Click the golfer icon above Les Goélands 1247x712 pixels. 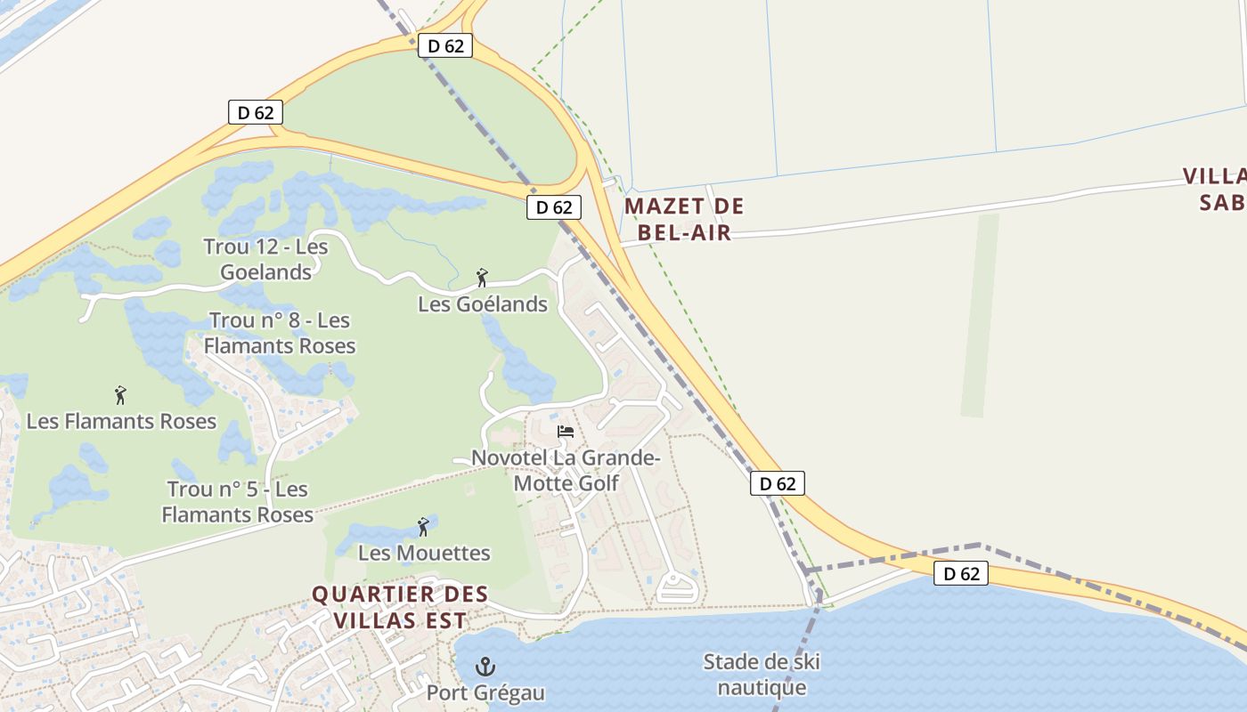pyautogui.click(x=482, y=278)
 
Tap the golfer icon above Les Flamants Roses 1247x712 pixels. pyautogui.click(x=120, y=395)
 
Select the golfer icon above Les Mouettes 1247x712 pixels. pyautogui.click(x=423, y=527)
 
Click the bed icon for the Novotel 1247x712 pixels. pyautogui.click(x=566, y=433)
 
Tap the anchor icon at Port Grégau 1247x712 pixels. pyautogui.click(x=485, y=666)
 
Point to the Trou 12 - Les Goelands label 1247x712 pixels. pyautogui.click(x=265, y=259)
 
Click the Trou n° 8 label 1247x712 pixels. pyautogui.click(x=280, y=333)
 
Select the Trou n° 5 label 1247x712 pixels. pyautogui.click(x=238, y=502)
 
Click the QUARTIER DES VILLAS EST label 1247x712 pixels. pyautogui.click(x=400, y=607)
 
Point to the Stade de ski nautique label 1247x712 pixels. pyautogui.click(x=762, y=675)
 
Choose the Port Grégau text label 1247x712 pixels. pyautogui.click(x=485, y=692)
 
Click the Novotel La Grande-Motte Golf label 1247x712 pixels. pyautogui.click(x=566, y=471)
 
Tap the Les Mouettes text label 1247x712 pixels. pyautogui.click(x=424, y=553)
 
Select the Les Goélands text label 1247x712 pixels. pyautogui.click(x=483, y=304)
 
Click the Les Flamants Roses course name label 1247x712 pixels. pyautogui.click(x=121, y=421)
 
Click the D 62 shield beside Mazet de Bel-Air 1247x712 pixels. pyautogui.click(x=554, y=207)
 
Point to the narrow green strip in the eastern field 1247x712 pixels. pyautogui.click(x=980, y=316)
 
